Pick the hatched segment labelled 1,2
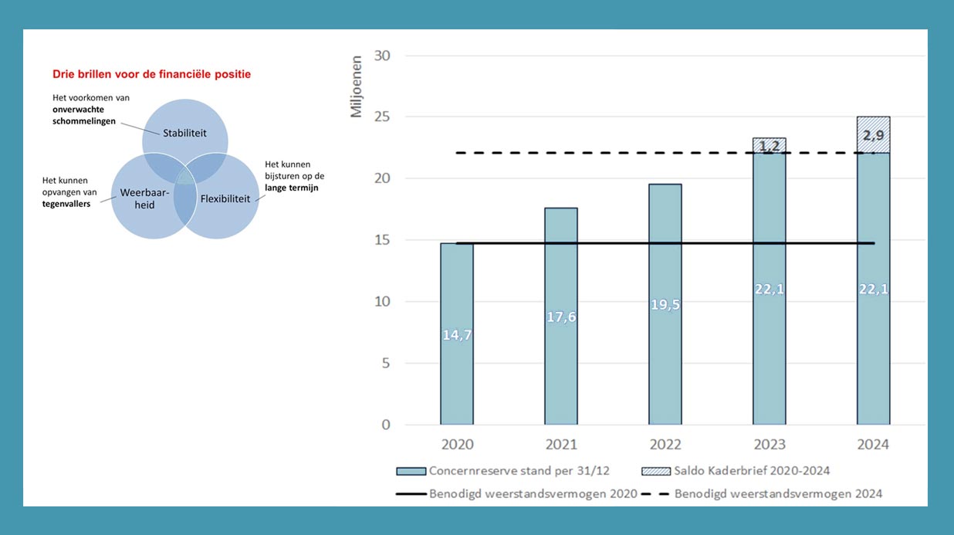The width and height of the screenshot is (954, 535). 769,144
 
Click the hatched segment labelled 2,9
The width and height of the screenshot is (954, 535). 874,134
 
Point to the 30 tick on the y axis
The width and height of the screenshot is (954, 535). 383,56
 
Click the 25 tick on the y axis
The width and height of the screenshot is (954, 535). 383,117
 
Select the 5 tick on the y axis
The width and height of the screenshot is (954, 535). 386,364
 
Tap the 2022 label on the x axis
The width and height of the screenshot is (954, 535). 665,445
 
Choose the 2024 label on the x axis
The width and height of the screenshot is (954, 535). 873,445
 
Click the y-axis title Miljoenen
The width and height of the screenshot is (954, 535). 357,86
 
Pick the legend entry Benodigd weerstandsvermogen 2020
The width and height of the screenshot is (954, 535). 533,493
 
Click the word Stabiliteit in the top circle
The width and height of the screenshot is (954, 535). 184,133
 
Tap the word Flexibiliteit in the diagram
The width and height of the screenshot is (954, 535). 225,198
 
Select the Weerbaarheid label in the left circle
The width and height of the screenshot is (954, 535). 137,198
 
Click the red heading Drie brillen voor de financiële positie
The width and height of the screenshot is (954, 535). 151,75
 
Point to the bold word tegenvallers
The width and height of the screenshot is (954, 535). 67,204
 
